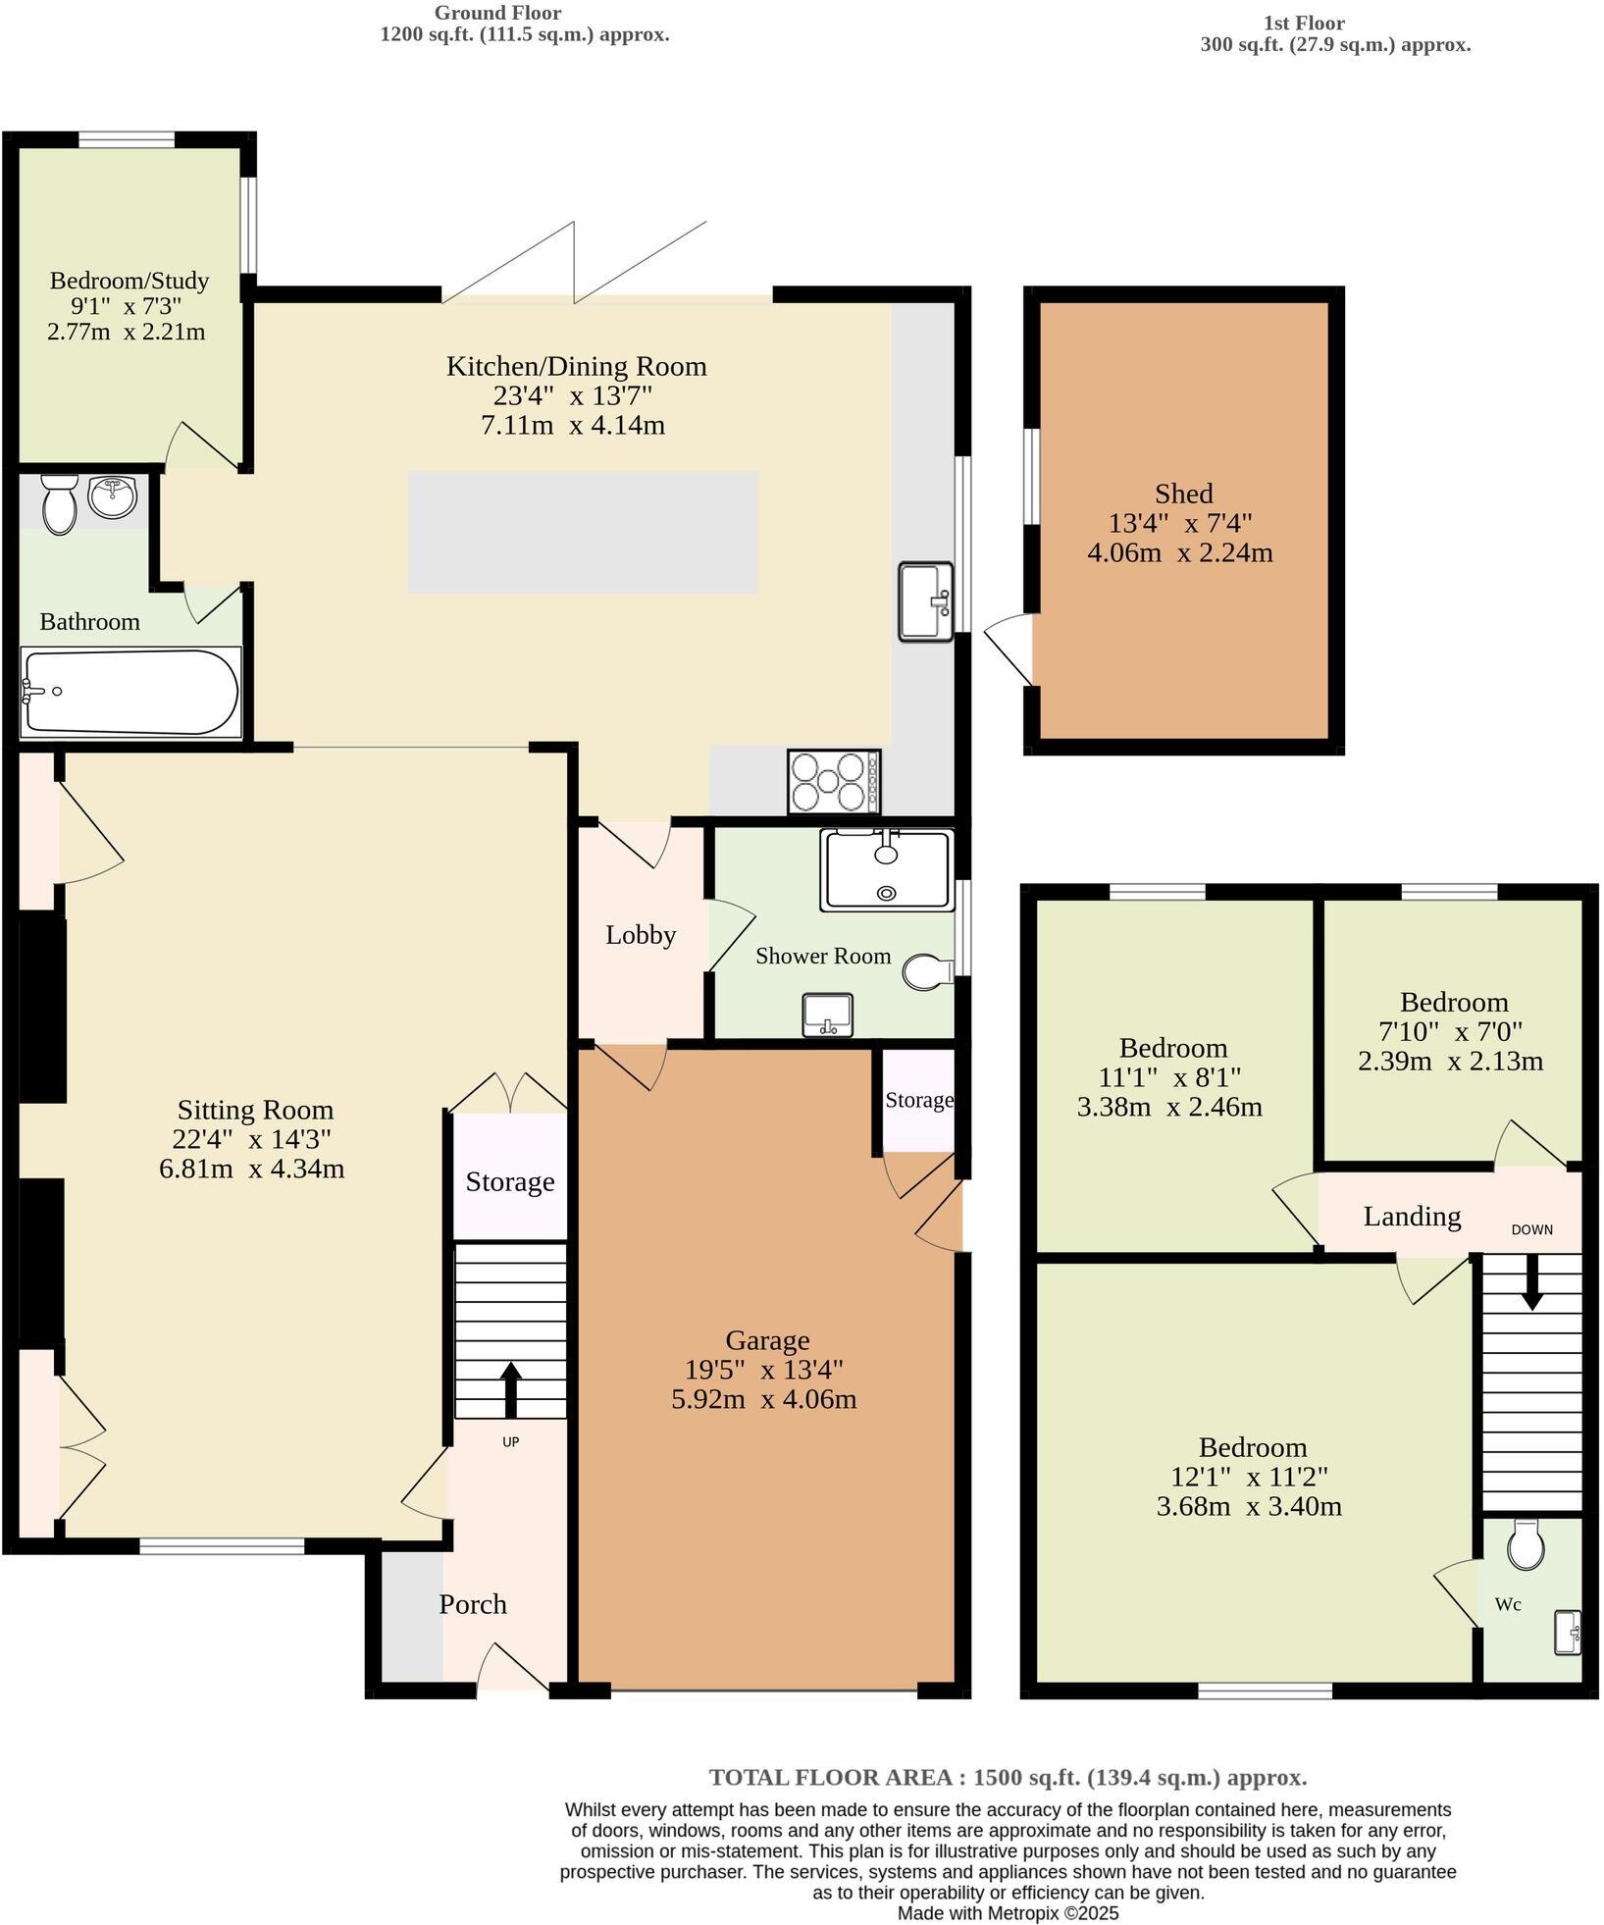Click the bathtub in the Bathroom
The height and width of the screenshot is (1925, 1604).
click(130, 692)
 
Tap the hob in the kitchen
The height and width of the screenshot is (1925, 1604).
click(833, 782)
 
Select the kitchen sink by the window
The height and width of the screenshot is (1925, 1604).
click(925, 601)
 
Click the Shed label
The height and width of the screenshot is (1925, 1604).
click(1183, 494)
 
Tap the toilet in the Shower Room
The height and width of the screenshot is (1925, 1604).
click(926, 972)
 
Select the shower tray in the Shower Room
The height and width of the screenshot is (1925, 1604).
click(887, 870)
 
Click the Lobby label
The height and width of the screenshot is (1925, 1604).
click(641, 935)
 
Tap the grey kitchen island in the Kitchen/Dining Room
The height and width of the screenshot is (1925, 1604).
click(583, 532)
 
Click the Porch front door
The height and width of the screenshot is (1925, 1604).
click(512, 1668)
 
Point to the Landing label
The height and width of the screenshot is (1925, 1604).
click(1412, 1217)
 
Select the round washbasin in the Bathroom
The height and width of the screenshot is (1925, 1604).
click(113, 497)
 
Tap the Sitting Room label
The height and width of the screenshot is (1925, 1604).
click(255, 1110)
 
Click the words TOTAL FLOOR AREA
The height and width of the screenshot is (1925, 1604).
click(832, 1777)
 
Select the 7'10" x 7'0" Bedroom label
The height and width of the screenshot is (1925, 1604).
click(1453, 1003)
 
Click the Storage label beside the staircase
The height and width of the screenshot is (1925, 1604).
click(509, 1181)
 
